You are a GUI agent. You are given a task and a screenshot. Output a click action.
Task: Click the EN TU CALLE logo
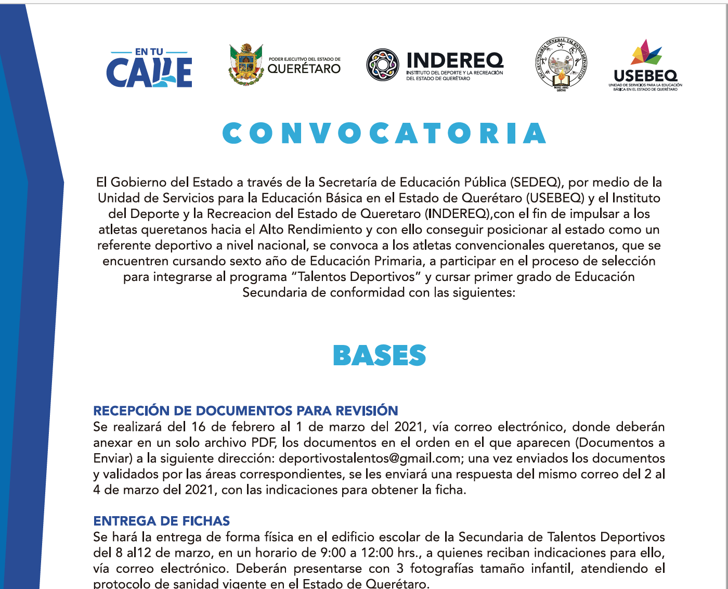(x=149, y=68)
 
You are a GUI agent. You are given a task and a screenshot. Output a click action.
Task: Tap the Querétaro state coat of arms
(x=246, y=65)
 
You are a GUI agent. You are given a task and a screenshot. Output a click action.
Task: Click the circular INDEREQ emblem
(x=383, y=65)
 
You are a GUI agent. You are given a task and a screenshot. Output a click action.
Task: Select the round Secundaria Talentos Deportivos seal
(x=561, y=65)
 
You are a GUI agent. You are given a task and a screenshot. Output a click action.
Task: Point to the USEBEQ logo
(x=645, y=66)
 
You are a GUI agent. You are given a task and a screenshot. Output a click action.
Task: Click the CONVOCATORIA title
(x=384, y=134)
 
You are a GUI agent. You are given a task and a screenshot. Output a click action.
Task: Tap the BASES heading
(x=379, y=356)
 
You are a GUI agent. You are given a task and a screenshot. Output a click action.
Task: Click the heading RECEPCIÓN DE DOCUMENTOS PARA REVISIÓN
(x=245, y=411)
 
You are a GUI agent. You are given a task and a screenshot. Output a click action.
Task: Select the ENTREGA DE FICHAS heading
(x=161, y=521)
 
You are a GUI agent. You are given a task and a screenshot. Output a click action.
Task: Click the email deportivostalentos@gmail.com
(x=370, y=458)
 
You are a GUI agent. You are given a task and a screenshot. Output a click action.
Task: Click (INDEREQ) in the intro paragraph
(x=458, y=214)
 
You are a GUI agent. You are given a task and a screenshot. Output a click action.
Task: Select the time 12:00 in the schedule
(x=382, y=553)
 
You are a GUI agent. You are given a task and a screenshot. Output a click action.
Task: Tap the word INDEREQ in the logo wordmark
(x=454, y=61)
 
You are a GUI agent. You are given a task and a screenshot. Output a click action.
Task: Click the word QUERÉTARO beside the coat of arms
(x=304, y=69)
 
